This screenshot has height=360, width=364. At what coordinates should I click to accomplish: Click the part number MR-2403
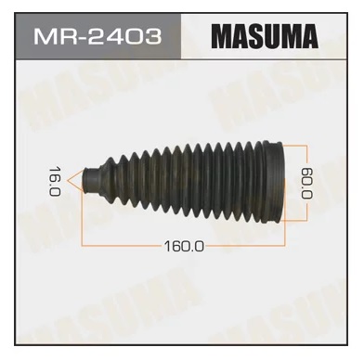pyautogui.click(x=97, y=36)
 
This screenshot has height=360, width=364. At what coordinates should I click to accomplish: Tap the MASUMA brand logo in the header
pyautogui.click(x=265, y=36)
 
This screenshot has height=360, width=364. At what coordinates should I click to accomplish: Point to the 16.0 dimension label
pyautogui.click(x=55, y=181)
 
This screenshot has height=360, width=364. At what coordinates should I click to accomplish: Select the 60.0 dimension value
pyautogui.click(x=307, y=183)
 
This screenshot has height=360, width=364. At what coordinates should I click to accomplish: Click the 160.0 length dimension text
pyautogui.click(x=184, y=246)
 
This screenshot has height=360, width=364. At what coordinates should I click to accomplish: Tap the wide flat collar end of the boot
pyautogui.click(x=273, y=183)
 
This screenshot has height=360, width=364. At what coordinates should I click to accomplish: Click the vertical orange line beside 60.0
pyautogui.click(x=306, y=183)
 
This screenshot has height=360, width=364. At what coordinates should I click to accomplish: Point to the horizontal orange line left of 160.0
pyautogui.click(x=123, y=246)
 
